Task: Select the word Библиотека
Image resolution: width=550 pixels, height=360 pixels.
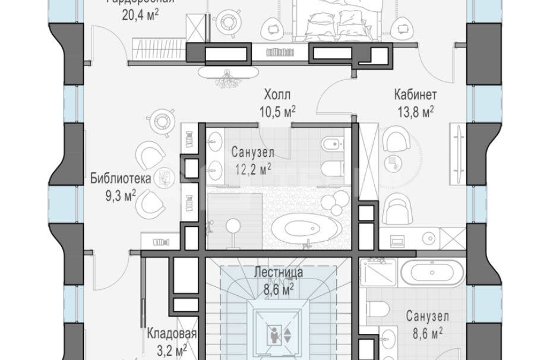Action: coord(121,178)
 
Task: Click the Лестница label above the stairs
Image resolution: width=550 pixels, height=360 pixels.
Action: coord(279,273)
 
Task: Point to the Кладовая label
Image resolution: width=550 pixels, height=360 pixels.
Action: coord(172,334)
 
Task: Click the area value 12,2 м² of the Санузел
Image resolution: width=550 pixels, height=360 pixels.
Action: coord(251,168)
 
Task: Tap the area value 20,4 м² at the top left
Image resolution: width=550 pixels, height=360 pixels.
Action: coord(140,15)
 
